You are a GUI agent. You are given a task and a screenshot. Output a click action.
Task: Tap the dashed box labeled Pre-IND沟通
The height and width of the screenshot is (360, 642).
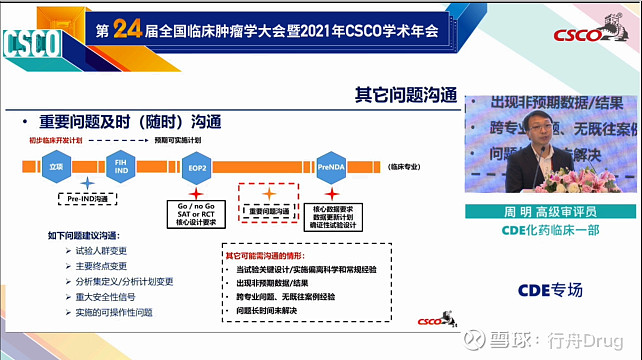point(87,200)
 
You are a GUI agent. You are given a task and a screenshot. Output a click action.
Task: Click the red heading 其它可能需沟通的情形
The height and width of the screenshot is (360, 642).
point(279,256)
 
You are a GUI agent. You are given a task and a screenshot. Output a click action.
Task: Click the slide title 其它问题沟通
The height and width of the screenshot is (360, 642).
point(406,96)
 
